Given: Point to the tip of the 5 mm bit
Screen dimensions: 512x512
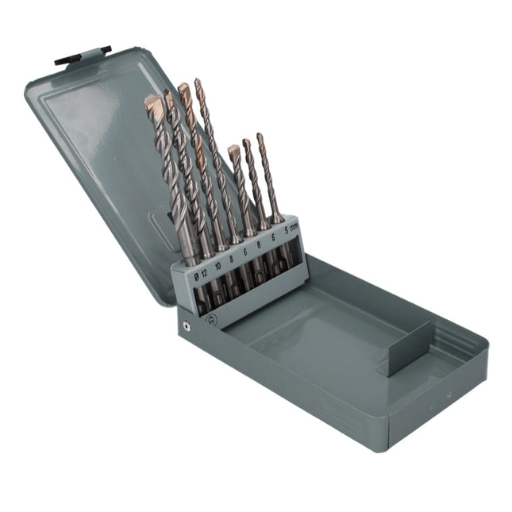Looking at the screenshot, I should pos(260,138).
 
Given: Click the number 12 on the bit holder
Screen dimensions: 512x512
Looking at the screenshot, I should pos(203,272).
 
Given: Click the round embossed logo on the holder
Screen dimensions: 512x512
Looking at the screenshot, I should pos(210,318).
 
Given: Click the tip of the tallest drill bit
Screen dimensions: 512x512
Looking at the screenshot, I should pos(198,83).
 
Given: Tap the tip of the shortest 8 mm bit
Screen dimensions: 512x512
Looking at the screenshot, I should pos(233,149).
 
